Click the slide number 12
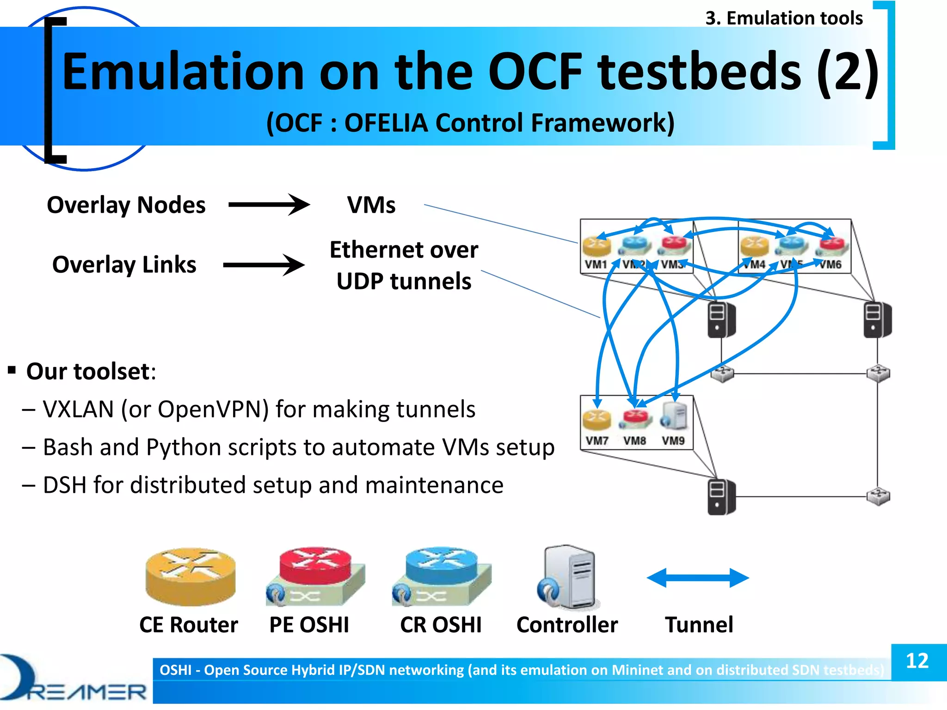click(917, 661)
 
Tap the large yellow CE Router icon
click(190, 576)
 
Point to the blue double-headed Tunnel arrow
click(697, 578)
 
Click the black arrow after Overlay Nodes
click(269, 204)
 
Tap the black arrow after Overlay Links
click(264, 265)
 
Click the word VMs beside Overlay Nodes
click(371, 205)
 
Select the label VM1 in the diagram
click(596, 264)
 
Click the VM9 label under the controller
click(673, 441)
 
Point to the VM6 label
click(830, 264)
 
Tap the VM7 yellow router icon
click(596, 418)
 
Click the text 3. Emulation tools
click(784, 18)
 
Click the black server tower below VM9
click(721, 497)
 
